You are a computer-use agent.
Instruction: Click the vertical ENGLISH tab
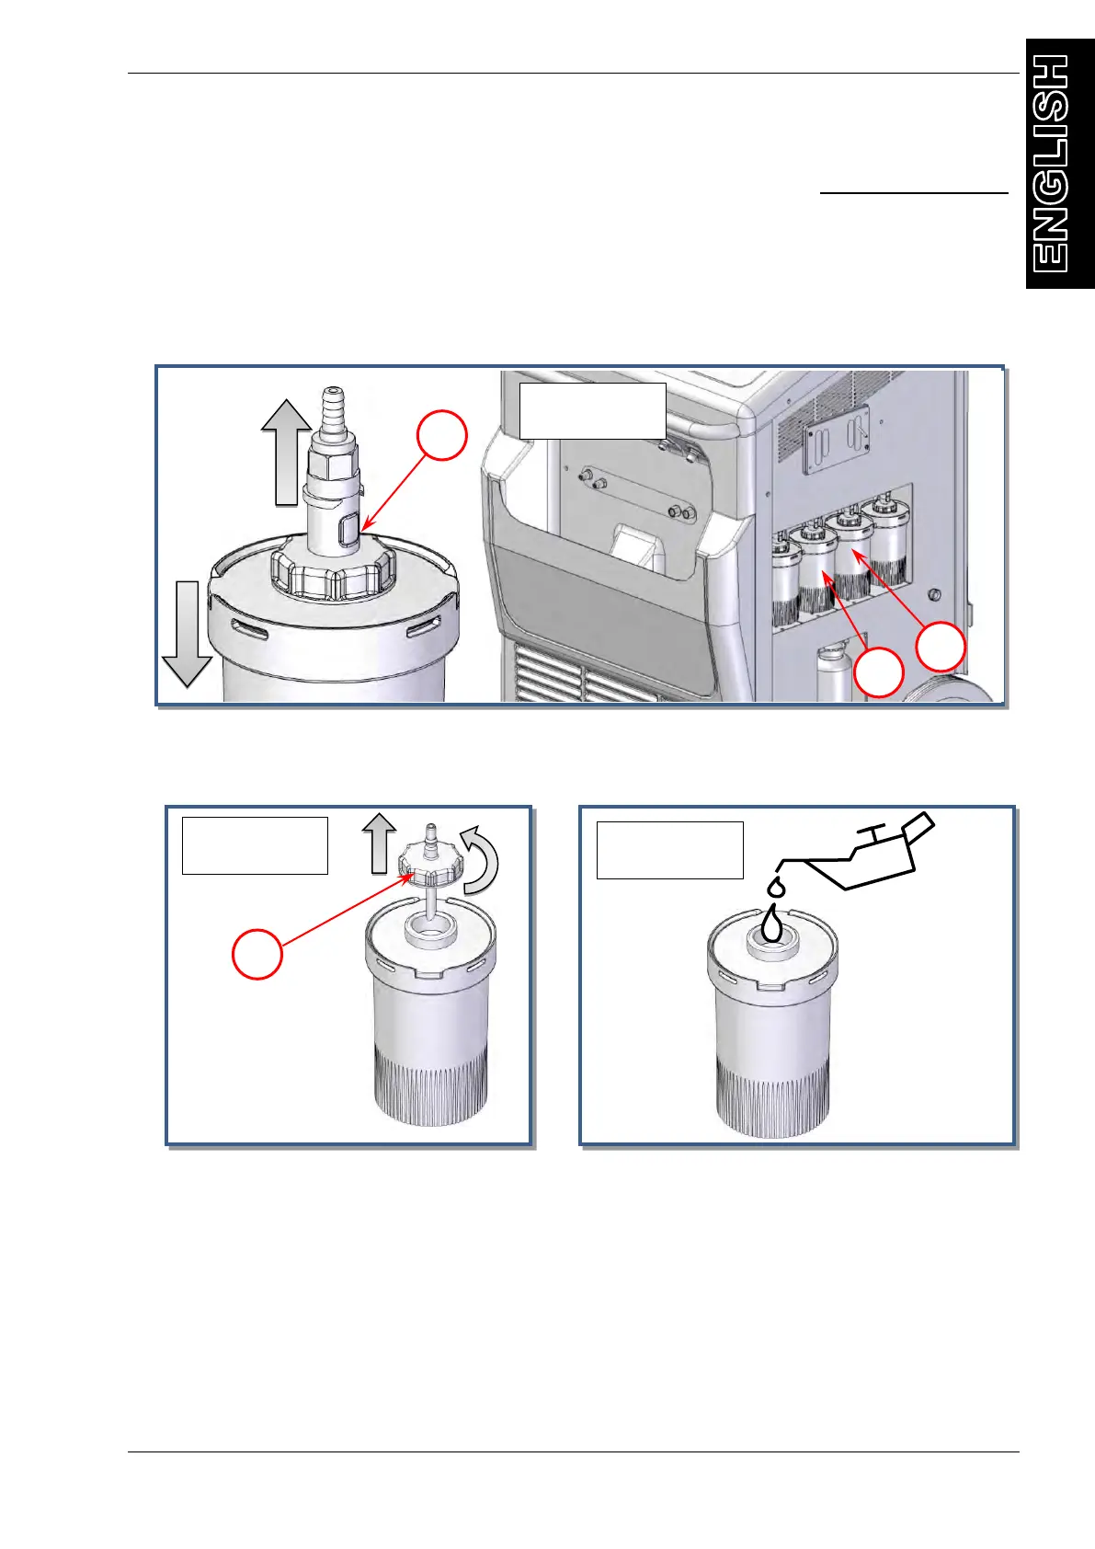pyautogui.click(x=1060, y=163)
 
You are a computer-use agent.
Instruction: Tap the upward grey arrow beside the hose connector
pyautogui.click(x=286, y=453)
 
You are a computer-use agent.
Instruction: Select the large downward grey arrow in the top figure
pyautogui.click(x=187, y=634)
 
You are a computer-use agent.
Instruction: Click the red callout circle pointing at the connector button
pyautogui.click(x=442, y=436)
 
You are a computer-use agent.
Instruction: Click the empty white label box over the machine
pyautogui.click(x=592, y=411)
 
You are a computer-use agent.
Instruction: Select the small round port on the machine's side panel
pyautogui.click(x=933, y=595)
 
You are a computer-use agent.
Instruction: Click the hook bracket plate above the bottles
pyautogui.click(x=836, y=439)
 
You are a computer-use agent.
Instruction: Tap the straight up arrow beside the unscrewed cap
pyautogui.click(x=379, y=843)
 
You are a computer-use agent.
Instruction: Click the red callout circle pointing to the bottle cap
pyautogui.click(x=257, y=954)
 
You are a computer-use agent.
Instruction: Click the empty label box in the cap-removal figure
pyautogui.click(x=255, y=845)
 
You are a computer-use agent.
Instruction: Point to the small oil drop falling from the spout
pyautogui.click(x=777, y=888)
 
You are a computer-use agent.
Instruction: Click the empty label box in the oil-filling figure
pyautogui.click(x=670, y=850)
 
